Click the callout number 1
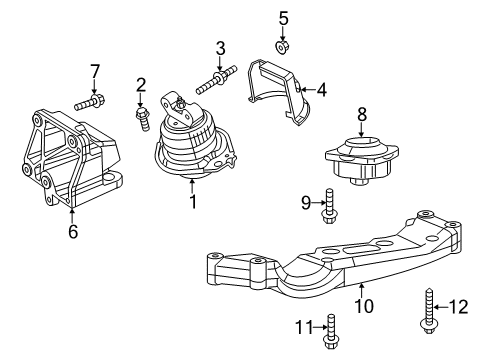[x=193, y=204]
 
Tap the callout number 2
[x=142, y=85]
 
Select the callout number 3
[x=221, y=47]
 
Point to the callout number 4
[x=322, y=89]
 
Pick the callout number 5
[x=283, y=17]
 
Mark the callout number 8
[x=362, y=114]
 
